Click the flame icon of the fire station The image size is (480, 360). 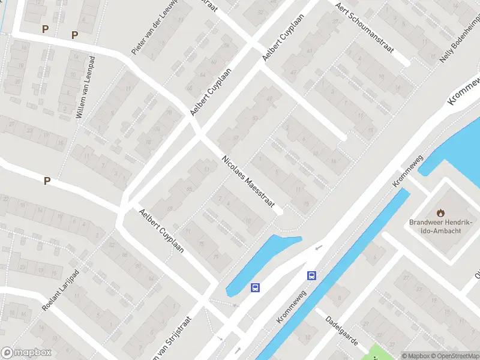pyautogui.click(x=441, y=212)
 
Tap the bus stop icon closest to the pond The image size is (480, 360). pyautogui.click(x=256, y=287)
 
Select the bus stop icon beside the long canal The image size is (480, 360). pyautogui.click(x=311, y=276)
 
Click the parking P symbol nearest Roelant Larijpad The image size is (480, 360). pyautogui.click(x=47, y=181)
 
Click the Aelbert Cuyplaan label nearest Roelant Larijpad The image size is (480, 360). pyautogui.click(x=161, y=230)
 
